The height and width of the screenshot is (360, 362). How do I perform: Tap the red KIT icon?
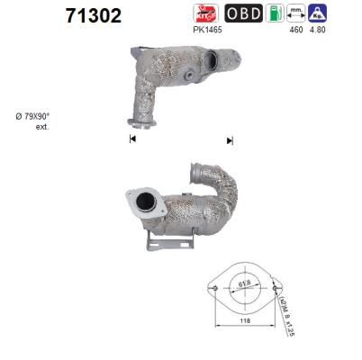coord(205,13)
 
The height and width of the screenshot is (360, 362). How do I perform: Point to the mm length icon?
coord(294,13)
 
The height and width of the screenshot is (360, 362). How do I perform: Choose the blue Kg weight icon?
coord(317,13)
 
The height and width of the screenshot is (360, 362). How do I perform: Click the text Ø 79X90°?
coord(34,117)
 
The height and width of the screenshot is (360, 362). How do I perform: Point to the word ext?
coord(41,127)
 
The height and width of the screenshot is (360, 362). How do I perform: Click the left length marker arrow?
coord(132,139)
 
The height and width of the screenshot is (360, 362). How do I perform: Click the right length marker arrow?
coord(230,139)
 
